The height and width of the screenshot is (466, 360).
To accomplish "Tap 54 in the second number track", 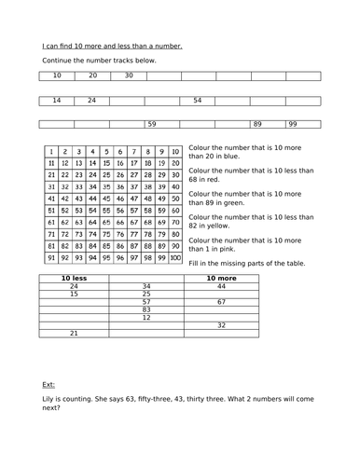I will (197, 100).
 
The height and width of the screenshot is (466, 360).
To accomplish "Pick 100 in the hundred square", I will (174, 259).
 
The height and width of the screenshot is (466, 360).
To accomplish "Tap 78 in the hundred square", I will (147, 235).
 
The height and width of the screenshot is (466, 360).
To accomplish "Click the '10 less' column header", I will (74, 278).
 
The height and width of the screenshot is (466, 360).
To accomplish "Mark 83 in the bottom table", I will (145, 309).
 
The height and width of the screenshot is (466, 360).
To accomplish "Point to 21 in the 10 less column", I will (74, 333).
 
